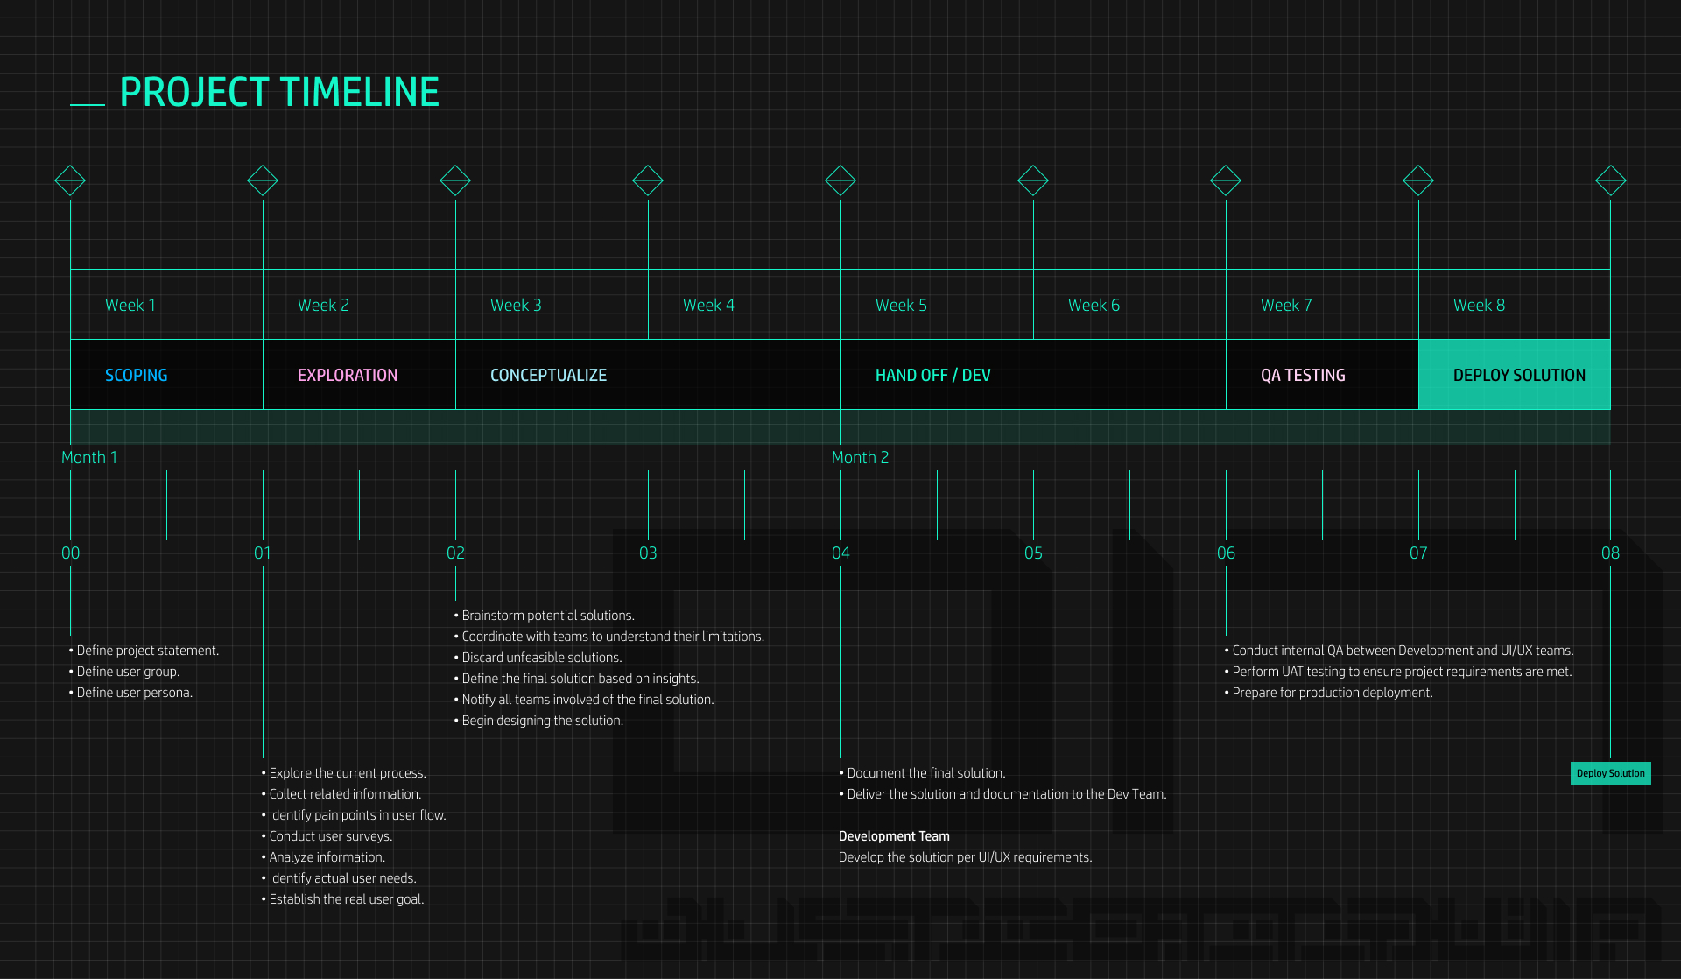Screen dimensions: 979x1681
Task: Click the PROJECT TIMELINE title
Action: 278,93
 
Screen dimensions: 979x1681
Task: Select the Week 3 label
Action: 516,306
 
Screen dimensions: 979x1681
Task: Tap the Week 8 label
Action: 1479,306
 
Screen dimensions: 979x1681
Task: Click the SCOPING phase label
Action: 136,376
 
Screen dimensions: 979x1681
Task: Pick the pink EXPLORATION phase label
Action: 347,376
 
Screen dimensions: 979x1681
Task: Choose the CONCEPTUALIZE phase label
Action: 548,376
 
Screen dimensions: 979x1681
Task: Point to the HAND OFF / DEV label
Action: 932,376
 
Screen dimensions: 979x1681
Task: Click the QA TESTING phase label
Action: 1303,376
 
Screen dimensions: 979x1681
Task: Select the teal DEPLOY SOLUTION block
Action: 1515,375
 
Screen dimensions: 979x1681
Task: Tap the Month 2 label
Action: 860,458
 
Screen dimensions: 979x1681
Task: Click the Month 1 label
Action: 89,458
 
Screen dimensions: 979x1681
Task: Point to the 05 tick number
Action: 1033,553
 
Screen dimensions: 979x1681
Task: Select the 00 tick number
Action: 70,553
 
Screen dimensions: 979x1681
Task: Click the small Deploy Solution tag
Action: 1610,773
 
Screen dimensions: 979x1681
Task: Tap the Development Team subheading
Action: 894,836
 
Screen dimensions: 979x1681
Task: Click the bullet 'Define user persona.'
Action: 134,693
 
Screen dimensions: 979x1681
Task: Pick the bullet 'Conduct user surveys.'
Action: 330,836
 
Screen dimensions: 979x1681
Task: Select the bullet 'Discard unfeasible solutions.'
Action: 541,658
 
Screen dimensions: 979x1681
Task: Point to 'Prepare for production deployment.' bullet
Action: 1332,693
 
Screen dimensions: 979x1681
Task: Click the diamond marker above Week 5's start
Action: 840,180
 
